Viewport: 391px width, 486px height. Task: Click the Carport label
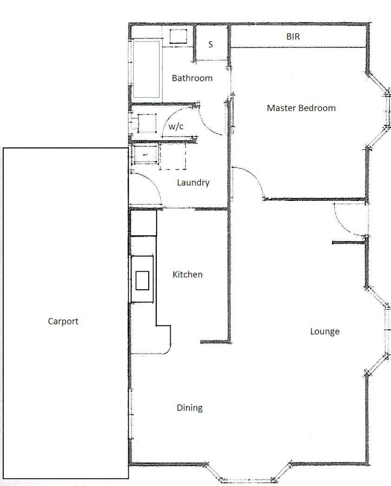[63, 321]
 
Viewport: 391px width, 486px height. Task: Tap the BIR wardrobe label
[293, 37]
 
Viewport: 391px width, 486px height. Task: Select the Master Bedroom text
[301, 108]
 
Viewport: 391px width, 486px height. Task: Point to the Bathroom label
[192, 78]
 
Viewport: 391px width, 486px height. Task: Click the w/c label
[176, 126]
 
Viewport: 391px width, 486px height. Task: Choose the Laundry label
[193, 183]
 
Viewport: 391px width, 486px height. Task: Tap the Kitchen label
[187, 274]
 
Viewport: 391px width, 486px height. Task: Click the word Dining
[190, 408]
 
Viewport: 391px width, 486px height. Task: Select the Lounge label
[325, 332]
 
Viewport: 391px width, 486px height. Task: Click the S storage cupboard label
[211, 45]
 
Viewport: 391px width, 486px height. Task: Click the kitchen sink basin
[143, 280]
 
